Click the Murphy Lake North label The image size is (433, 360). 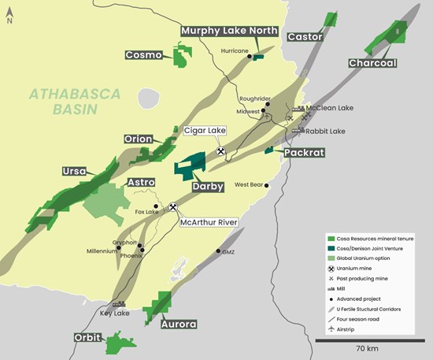(x=229, y=31)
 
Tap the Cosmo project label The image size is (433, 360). (x=144, y=55)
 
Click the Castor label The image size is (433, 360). (x=305, y=37)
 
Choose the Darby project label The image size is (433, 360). (x=209, y=187)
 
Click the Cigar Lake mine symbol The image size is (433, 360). (x=221, y=151)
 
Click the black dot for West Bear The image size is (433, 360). (x=268, y=186)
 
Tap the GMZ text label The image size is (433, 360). (x=228, y=252)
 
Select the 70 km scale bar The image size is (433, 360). (x=368, y=340)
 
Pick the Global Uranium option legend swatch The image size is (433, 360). (x=331, y=258)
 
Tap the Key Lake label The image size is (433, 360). (x=116, y=313)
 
